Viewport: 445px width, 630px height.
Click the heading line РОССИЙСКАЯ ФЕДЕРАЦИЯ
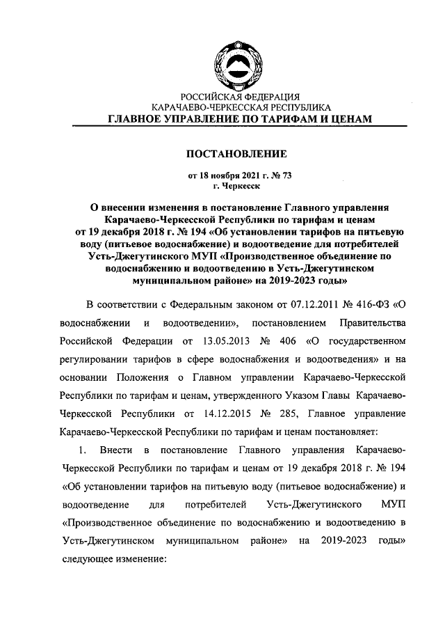tap(240, 97)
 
